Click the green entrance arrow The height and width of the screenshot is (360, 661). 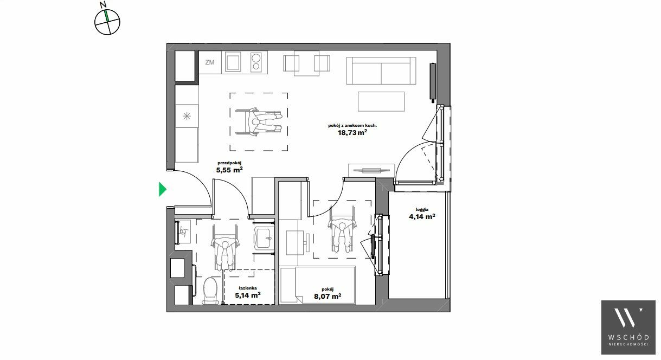(162, 189)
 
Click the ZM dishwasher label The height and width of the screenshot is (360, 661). (210, 62)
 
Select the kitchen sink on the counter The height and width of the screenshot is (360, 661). (233, 62)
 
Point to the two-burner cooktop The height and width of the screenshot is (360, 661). (256, 62)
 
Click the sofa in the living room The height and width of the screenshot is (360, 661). (381, 71)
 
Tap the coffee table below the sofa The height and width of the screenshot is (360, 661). (381, 101)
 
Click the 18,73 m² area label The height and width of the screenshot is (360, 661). (352, 132)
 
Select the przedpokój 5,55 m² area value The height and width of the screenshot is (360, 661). (229, 170)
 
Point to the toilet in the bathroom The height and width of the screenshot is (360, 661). (211, 291)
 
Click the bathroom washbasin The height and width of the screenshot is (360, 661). (264, 237)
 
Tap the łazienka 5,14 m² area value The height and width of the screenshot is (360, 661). (248, 295)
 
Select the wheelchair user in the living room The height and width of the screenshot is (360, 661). (259, 121)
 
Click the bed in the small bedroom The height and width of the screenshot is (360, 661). (318, 285)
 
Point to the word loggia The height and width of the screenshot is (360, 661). (422, 209)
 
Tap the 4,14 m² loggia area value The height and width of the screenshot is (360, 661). (422, 216)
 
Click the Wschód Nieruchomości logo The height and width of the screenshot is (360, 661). (628, 327)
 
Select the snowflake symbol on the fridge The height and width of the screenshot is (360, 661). (187, 116)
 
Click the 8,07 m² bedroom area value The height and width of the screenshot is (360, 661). (328, 296)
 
